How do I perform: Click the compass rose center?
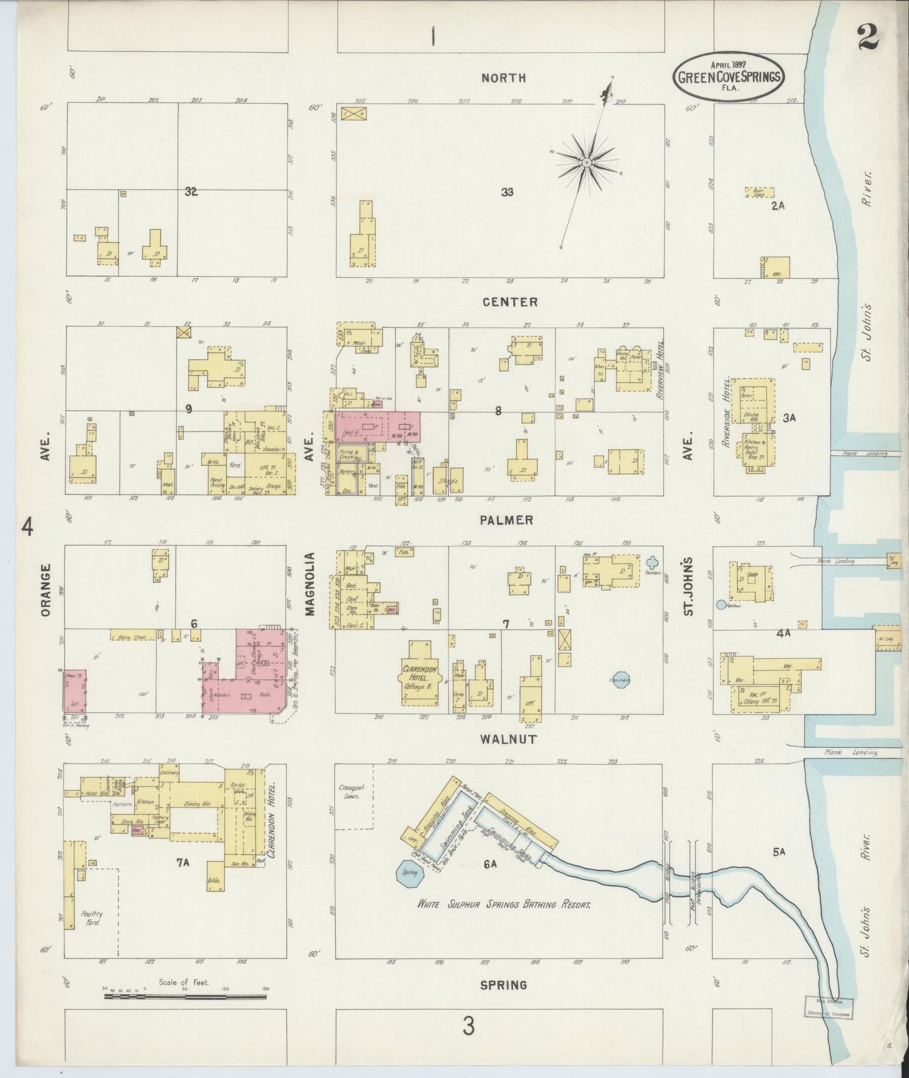[586, 162]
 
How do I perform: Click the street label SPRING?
[503, 984]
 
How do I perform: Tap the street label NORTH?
[503, 78]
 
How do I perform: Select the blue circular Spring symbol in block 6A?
[410, 875]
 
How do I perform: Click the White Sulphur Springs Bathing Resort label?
[503, 904]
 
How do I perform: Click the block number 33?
[507, 192]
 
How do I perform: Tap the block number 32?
[191, 192]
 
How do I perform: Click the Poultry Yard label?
[92, 918]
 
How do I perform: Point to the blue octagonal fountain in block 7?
[621, 679]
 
